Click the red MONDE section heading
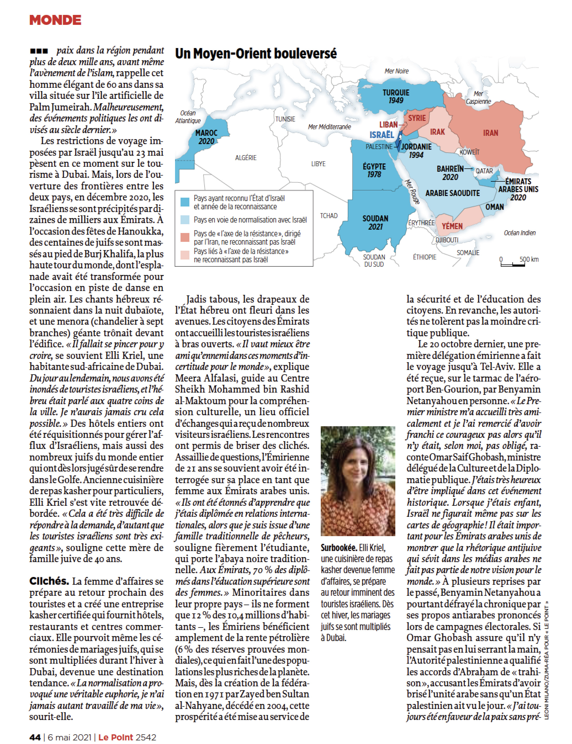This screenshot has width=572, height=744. (x=55, y=20)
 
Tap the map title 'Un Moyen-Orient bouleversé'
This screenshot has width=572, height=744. (x=256, y=54)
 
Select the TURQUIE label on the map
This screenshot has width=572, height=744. (x=396, y=92)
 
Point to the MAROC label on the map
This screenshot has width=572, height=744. (x=206, y=133)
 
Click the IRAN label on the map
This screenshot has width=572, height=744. (x=490, y=133)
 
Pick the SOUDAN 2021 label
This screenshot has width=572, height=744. (x=375, y=222)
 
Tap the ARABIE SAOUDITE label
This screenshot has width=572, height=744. (x=452, y=193)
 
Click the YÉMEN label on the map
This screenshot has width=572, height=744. (x=452, y=226)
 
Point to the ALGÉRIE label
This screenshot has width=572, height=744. (x=245, y=158)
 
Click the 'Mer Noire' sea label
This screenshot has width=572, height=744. (x=396, y=71)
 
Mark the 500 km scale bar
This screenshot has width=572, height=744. (x=512, y=264)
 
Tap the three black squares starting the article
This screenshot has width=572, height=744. (x=39, y=51)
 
